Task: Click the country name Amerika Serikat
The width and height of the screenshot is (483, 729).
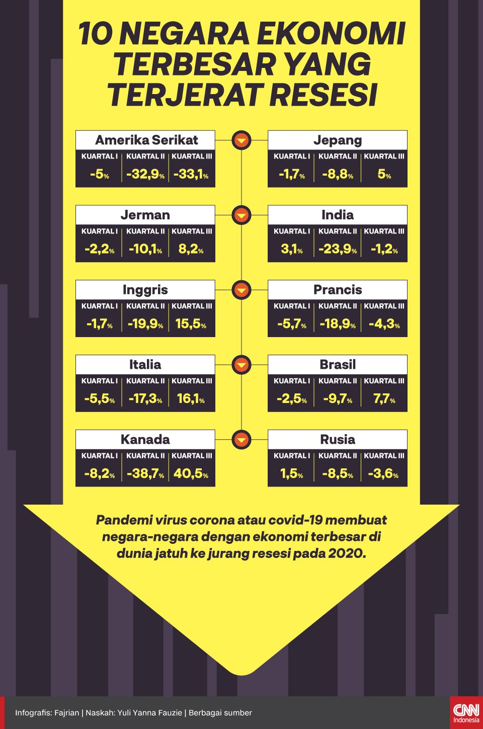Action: click(x=146, y=140)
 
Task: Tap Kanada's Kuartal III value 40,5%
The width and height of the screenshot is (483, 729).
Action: click(x=191, y=474)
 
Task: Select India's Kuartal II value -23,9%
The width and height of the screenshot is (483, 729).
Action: click(x=337, y=249)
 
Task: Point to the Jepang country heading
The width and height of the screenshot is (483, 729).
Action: click(x=337, y=140)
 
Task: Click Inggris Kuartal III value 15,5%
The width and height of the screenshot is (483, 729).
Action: click(x=191, y=324)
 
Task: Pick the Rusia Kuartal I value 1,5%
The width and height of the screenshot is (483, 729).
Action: click(x=292, y=474)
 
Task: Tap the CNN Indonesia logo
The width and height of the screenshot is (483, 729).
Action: click(x=466, y=712)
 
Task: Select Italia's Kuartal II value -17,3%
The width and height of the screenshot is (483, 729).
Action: click(x=145, y=399)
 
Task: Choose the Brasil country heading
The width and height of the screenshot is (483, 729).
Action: click(x=337, y=364)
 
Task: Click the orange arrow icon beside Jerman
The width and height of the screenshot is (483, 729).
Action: click(x=242, y=215)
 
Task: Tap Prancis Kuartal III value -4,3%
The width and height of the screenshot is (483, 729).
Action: click(x=384, y=324)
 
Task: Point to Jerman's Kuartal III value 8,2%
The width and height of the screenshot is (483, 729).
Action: click(x=191, y=249)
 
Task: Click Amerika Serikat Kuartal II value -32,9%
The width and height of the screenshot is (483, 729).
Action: click(x=145, y=175)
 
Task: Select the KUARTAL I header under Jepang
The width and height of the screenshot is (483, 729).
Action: click(x=292, y=156)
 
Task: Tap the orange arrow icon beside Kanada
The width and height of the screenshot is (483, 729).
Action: click(x=242, y=440)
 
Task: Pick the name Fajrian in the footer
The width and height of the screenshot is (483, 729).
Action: click(x=66, y=712)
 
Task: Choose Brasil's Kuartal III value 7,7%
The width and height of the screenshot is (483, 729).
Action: click(x=384, y=399)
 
